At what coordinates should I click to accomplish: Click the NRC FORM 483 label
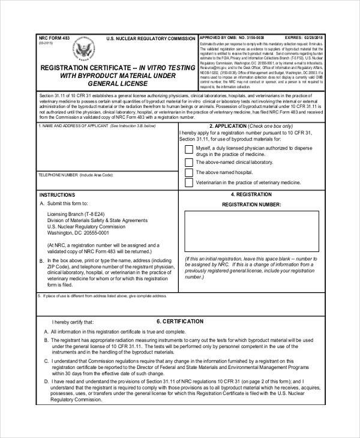click(x=54, y=38)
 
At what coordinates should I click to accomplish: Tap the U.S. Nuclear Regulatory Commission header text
click(x=151, y=38)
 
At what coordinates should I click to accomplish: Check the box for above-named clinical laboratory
click(x=189, y=162)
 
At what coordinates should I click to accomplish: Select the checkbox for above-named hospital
click(x=189, y=172)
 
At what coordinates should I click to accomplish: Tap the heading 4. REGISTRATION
click(x=251, y=194)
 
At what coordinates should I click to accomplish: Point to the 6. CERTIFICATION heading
click(x=179, y=322)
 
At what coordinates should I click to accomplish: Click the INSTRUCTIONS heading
click(x=57, y=195)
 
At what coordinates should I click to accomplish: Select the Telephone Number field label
click(x=76, y=175)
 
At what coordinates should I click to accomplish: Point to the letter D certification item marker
click(x=46, y=381)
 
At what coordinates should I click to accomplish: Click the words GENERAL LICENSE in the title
click(x=118, y=85)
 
